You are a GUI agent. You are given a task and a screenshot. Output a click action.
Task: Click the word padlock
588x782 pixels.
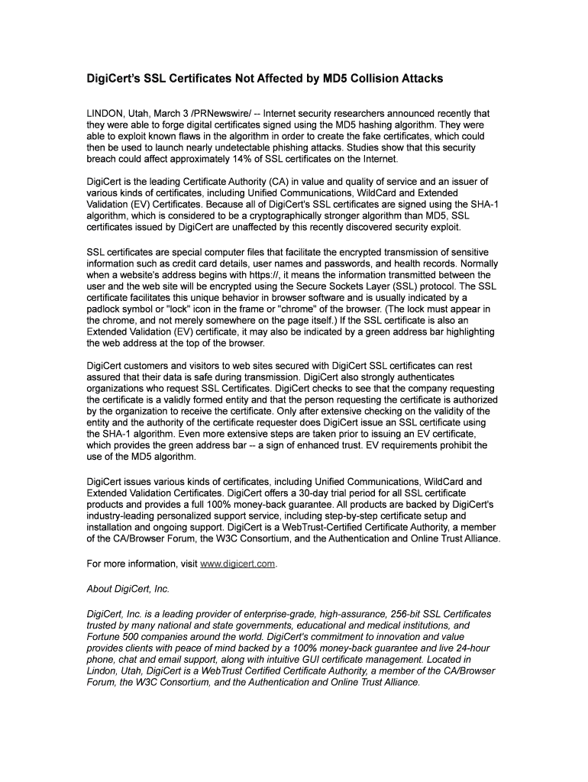click(105, 309)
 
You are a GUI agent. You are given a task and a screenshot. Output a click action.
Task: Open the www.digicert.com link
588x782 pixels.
click(237, 564)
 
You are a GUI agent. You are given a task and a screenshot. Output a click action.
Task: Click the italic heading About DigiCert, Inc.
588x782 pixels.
click(128, 589)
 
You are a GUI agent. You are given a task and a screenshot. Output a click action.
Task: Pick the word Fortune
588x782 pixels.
click(105, 637)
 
